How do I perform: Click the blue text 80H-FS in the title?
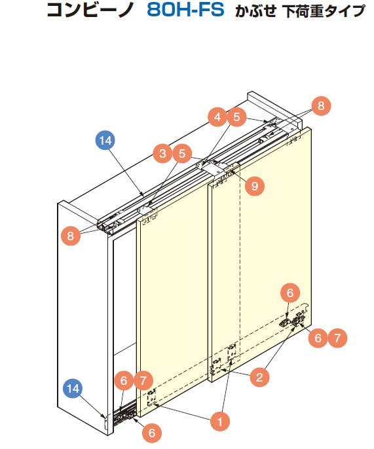pyautogui.click(x=185, y=10)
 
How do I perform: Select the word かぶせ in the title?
pyautogui.click(x=255, y=11)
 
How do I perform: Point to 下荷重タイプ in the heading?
pyautogui.click(x=324, y=11)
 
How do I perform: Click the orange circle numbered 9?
pyautogui.click(x=255, y=187)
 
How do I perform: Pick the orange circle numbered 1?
pyautogui.click(x=220, y=422)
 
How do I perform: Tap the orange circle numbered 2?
pyautogui.click(x=259, y=377)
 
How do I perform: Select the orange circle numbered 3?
pyautogui.click(x=163, y=154)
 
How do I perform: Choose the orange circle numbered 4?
pyautogui.click(x=217, y=117)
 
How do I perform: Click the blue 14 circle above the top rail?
pyautogui.click(x=105, y=140)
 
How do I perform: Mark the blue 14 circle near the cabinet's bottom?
pyautogui.click(x=73, y=388)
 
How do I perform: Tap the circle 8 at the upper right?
pyautogui.click(x=321, y=105)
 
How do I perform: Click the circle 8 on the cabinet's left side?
pyautogui.click(x=70, y=236)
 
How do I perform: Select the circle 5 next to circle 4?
pyautogui.click(x=236, y=117)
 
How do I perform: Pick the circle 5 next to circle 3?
pyautogui.click(x=182, y=154)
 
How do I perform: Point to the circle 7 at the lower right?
pyautogui.click(x=337, y=338)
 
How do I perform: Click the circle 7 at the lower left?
pyautogui.click(x=143, y=380)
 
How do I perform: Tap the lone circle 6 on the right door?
pyautogui.click(x=290, y=293)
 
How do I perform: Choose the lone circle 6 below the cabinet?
pyautogui.click(x=151, y=433)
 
